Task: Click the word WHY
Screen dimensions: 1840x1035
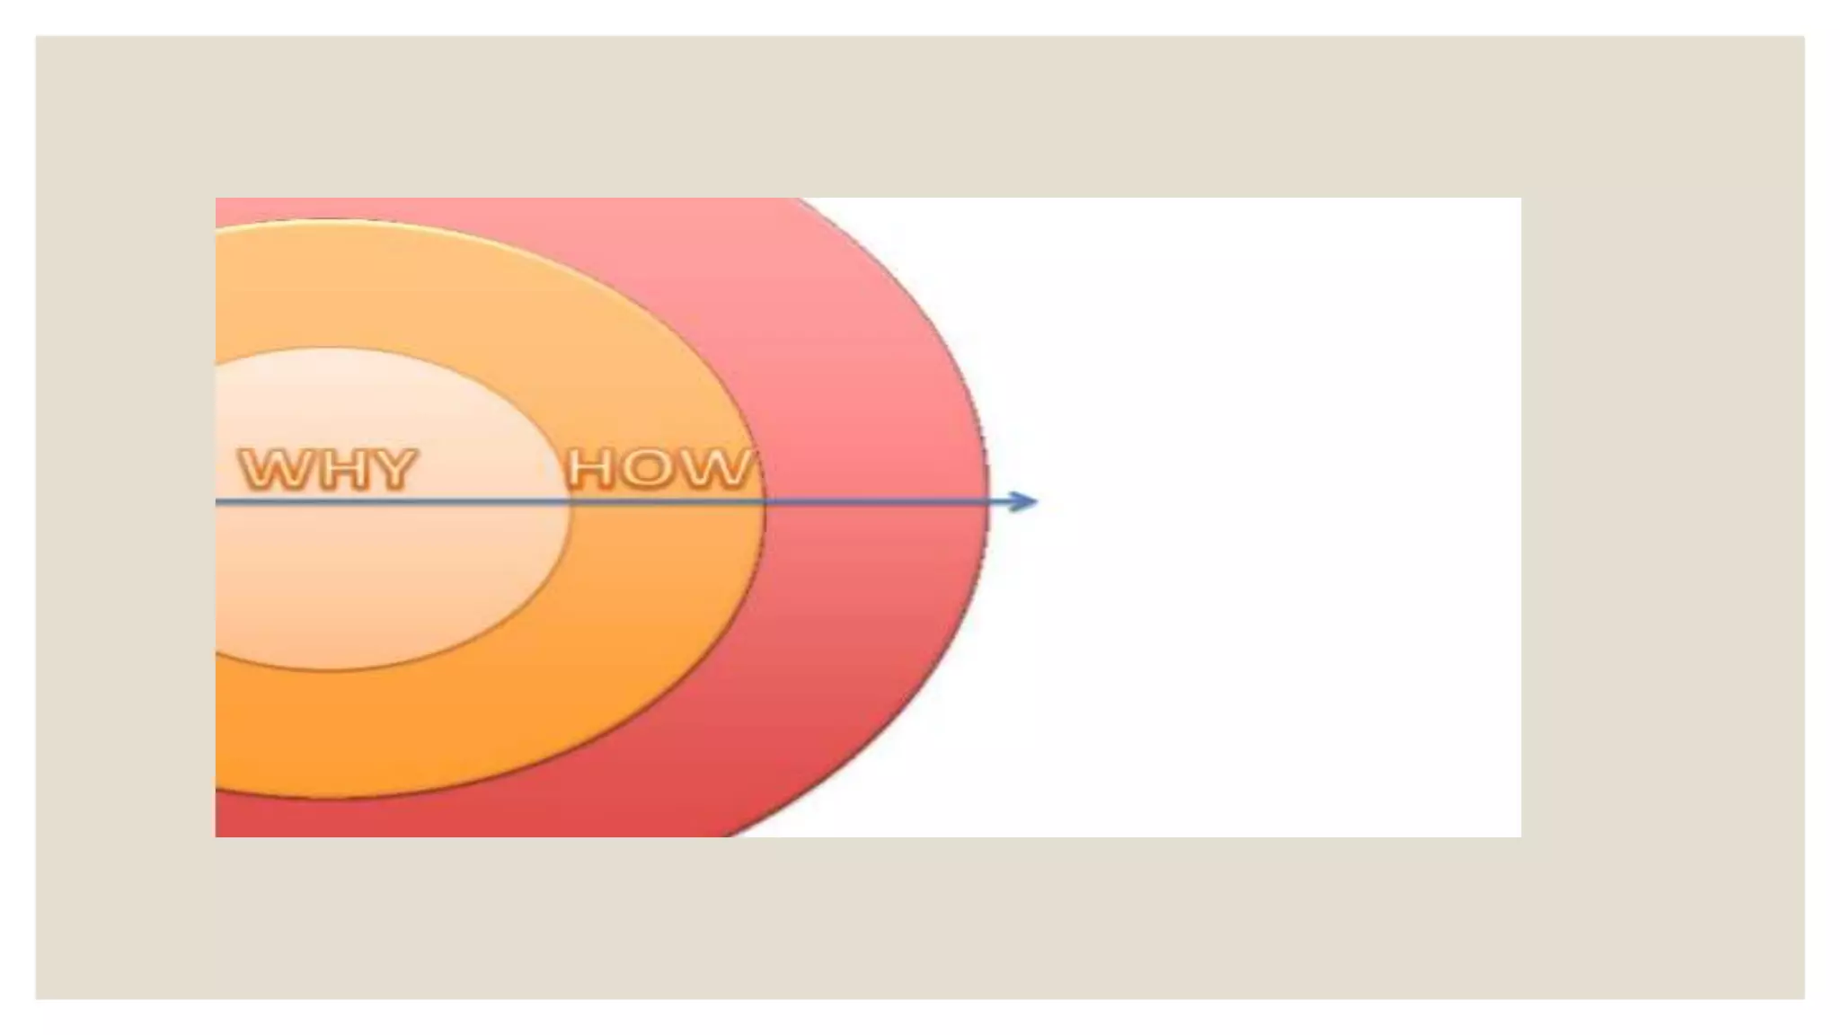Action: pyautogui.click(x=328, y=469)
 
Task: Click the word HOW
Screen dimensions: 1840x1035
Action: pyautogui.click(x=659, y=469)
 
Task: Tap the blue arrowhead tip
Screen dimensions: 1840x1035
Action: pyautogui.click(x=1036, y=501)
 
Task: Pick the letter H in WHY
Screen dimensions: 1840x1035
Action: pyautogui.click(x=337, y=469)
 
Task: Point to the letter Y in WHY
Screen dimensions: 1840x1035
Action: pyautogui.click(x=392, y=469)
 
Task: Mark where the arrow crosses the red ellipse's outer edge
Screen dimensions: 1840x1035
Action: pyautogui.click(x=987, y=501)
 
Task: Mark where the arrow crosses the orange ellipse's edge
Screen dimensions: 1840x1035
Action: pyautogui.click(x=764, y=501)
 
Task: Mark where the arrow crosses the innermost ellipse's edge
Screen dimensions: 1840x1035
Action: pyautogui.click(x=570, y=501)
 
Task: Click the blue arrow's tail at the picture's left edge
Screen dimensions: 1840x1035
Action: pyautogui.click(x=219, y=501)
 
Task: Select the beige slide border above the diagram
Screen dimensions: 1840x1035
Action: pyautogui.click(x=898, y=117)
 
